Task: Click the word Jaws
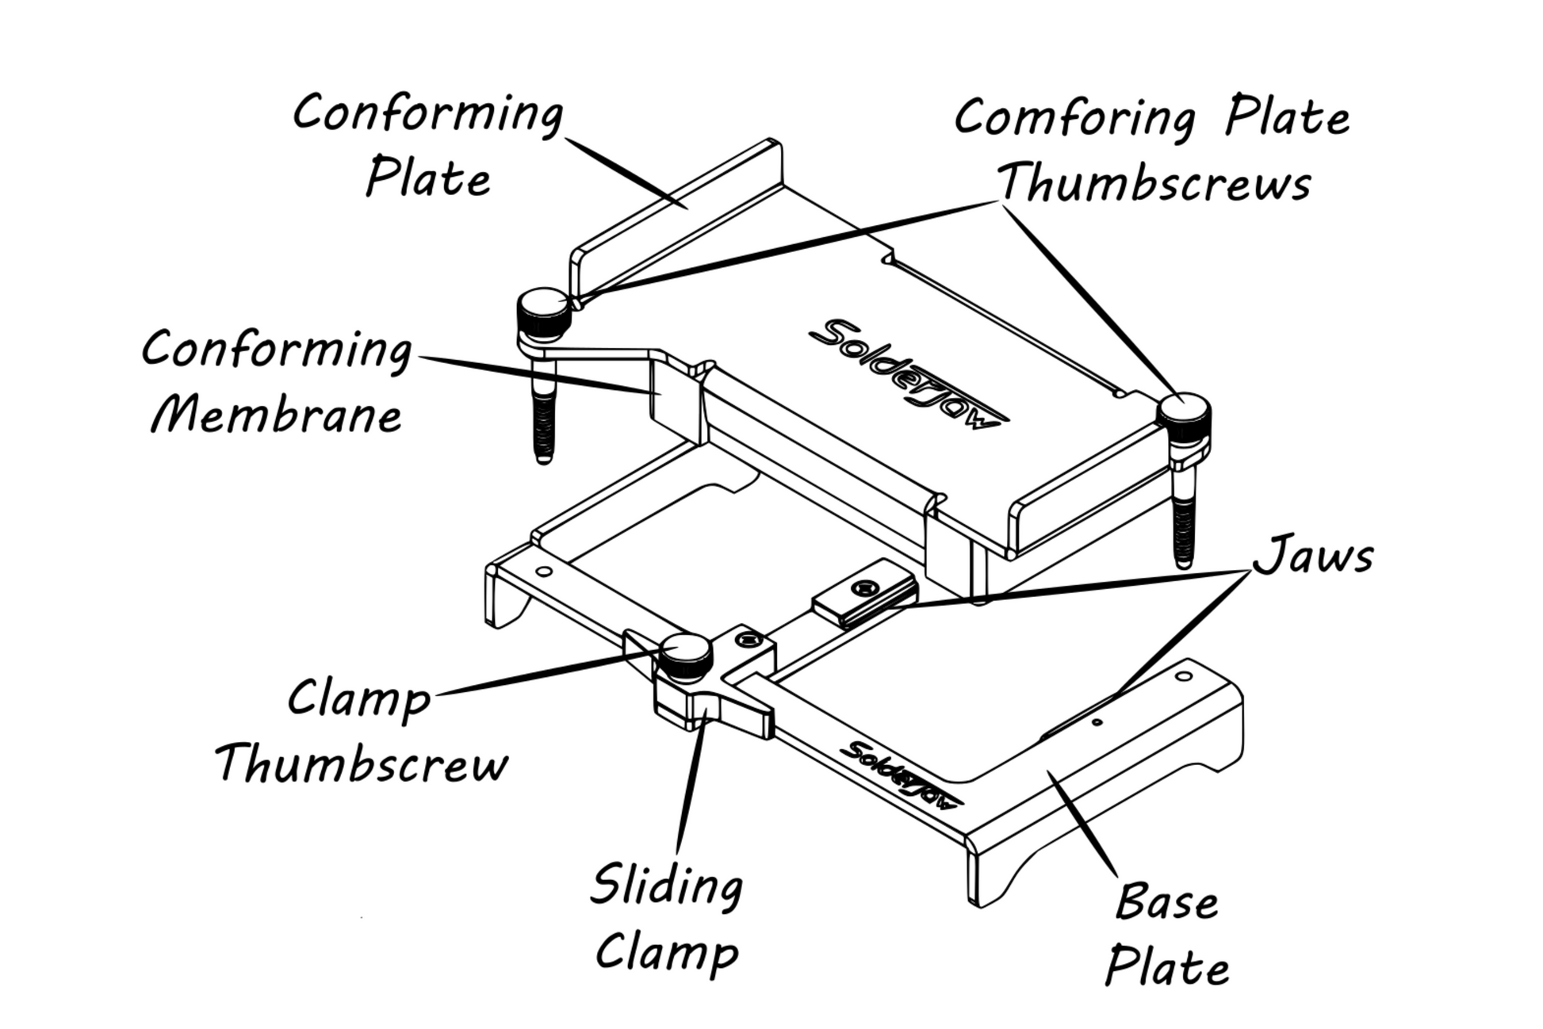pyautogui.click(x=1312, y=556)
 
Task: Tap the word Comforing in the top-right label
pyautogui.click(x=1074, y=120)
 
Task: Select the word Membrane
pyautogui.click(x=277, y=415)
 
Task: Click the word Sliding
pyautogui.click(x=667, y=886)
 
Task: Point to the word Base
pyautogui.click(x=1166, y=903)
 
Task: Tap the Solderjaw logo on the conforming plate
pyautogui.click(x=908, y=373)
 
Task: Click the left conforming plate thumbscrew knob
pyautogui.click(x=543, y=313)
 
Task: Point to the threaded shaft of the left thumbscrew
pyautogui.click(x=543, y=416)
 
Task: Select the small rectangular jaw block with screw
pyautogui.click(x=865, y=591)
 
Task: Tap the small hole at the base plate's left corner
pyautogui.click(x=544, y=571)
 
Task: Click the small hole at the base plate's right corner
pyautogui.click(x=1183, y=676)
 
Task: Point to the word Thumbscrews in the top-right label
pyautogui.click(x=1154, y=183)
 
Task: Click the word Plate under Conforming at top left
pyautogui.click(x=428, y=178)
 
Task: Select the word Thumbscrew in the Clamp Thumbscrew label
pyautogui.click(x=362, y=764)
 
